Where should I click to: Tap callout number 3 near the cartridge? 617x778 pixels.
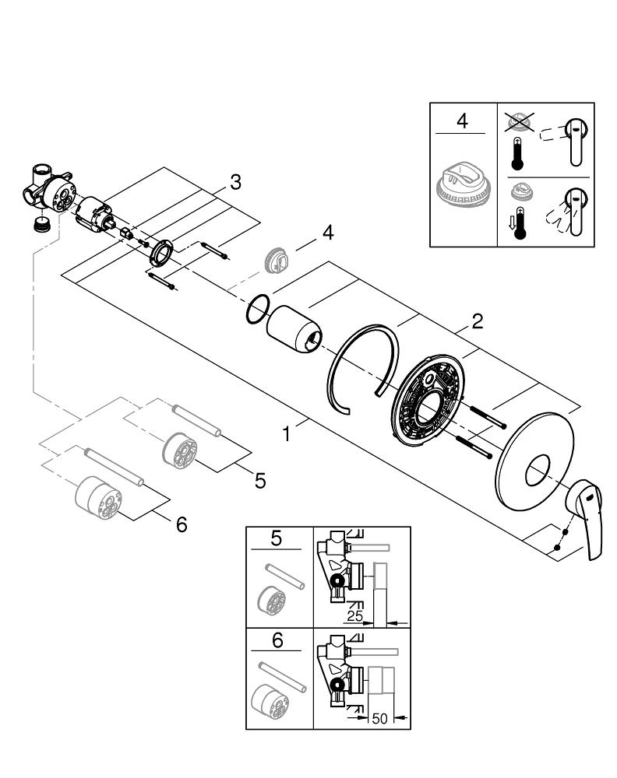pyautogui.click(x=235, y=182)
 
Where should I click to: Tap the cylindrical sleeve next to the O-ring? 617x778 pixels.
pyautogui.click(x=294, y=331)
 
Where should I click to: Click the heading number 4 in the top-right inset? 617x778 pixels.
pyautogui.click(x=463, y=122)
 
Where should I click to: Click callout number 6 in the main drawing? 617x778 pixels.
pyautogui.click(x=182, y=525)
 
